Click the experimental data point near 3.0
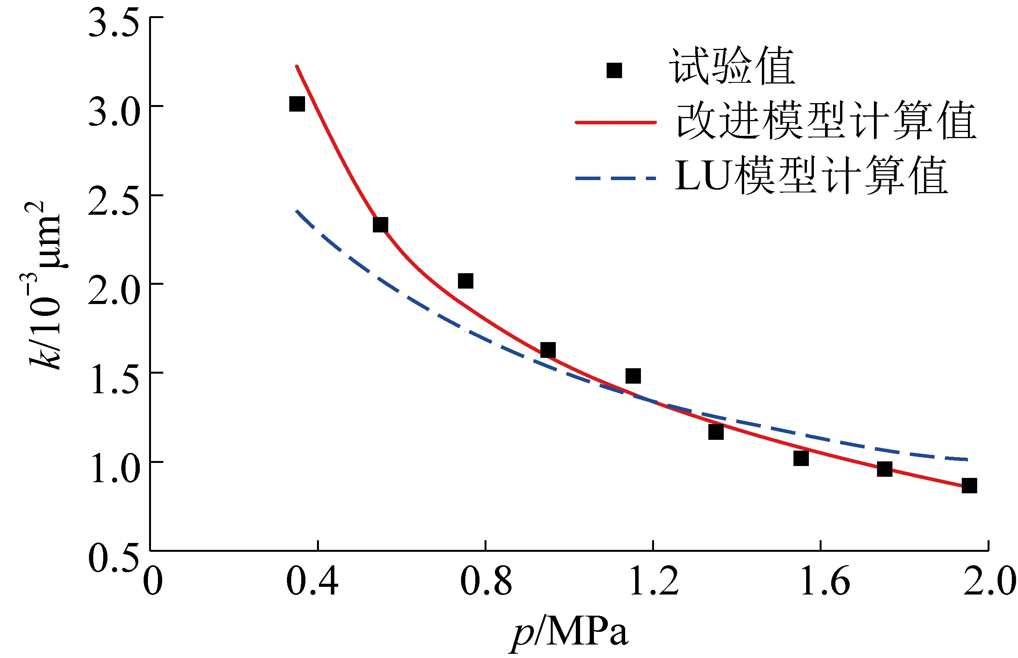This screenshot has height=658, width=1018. (x=297, y=104)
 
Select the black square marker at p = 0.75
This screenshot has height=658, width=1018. (x=465, y=281)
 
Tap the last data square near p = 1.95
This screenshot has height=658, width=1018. (x=969, y=485)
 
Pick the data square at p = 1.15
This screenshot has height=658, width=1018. (x=633, y=376)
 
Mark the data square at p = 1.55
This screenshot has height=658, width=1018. (x=801, y=458)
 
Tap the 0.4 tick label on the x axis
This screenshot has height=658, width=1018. (x=312, y=582)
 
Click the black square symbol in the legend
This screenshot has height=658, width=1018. (x=614, y=70)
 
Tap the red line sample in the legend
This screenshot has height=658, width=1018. (x=615, y=122)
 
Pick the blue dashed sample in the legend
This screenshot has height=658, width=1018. (x=615, y=178)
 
